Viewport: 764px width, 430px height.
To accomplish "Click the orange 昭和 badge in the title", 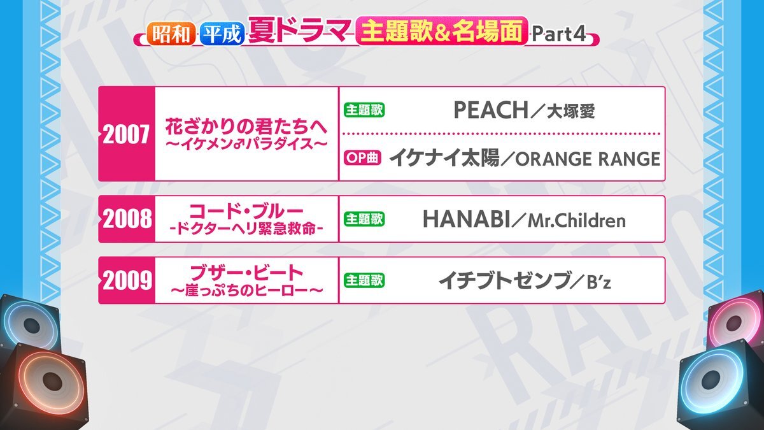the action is [x=171, y=34].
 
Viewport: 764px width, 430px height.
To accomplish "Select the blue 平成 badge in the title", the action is [x=222, y=34].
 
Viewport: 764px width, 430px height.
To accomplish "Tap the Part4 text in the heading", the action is [x=559, y=34].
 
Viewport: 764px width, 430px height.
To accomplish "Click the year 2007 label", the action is [x=126, y=134].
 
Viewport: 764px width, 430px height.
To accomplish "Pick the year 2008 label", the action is [x=127, y=219].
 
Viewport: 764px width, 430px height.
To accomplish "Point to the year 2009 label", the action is [x=127, y=280].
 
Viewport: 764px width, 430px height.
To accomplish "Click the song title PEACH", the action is [x=490, y=110].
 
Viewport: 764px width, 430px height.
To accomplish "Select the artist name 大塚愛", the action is [x=571, y=111].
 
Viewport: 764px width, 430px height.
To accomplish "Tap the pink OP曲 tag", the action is [x=362, y=158].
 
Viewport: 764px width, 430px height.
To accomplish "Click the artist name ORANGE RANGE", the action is [x=588, y=159].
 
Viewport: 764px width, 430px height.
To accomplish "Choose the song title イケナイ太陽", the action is [x=444, y=159].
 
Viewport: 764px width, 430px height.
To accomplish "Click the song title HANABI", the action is [x=466, y=219].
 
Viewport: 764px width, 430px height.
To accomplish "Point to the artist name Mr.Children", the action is [x=577, y=220].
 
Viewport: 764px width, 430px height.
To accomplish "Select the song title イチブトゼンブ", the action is [x=504, y=281].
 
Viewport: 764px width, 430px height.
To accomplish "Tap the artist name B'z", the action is [x=599, y=282].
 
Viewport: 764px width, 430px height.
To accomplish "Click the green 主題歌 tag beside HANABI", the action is [x=364, y=219].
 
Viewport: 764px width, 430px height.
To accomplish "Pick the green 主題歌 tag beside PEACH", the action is [x=364, y=110].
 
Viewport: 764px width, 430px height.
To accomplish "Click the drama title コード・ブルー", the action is [x=246, y=211].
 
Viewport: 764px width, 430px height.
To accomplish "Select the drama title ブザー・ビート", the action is [x=246, y=273].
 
